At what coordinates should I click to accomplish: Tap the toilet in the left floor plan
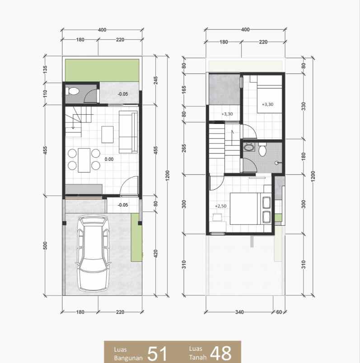click(72, 91)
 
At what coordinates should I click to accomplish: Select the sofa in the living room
click(128, 131)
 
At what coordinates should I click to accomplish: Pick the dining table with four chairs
click(84, 160)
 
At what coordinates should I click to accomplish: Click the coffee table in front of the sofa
click(108, 134)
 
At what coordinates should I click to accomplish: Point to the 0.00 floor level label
click(108, 159)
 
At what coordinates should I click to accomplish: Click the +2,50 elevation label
click(220, 206)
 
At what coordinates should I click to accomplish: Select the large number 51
click(158, 353)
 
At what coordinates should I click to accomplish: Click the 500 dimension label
click(45, 246)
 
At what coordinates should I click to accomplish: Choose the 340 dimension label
click(239, 312)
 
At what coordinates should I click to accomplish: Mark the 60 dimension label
click(279, 312)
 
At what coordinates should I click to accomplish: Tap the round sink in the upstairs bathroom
click(248, 147)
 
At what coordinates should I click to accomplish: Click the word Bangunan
click(129, 357)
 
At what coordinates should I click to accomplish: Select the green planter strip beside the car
click(136, 237)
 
